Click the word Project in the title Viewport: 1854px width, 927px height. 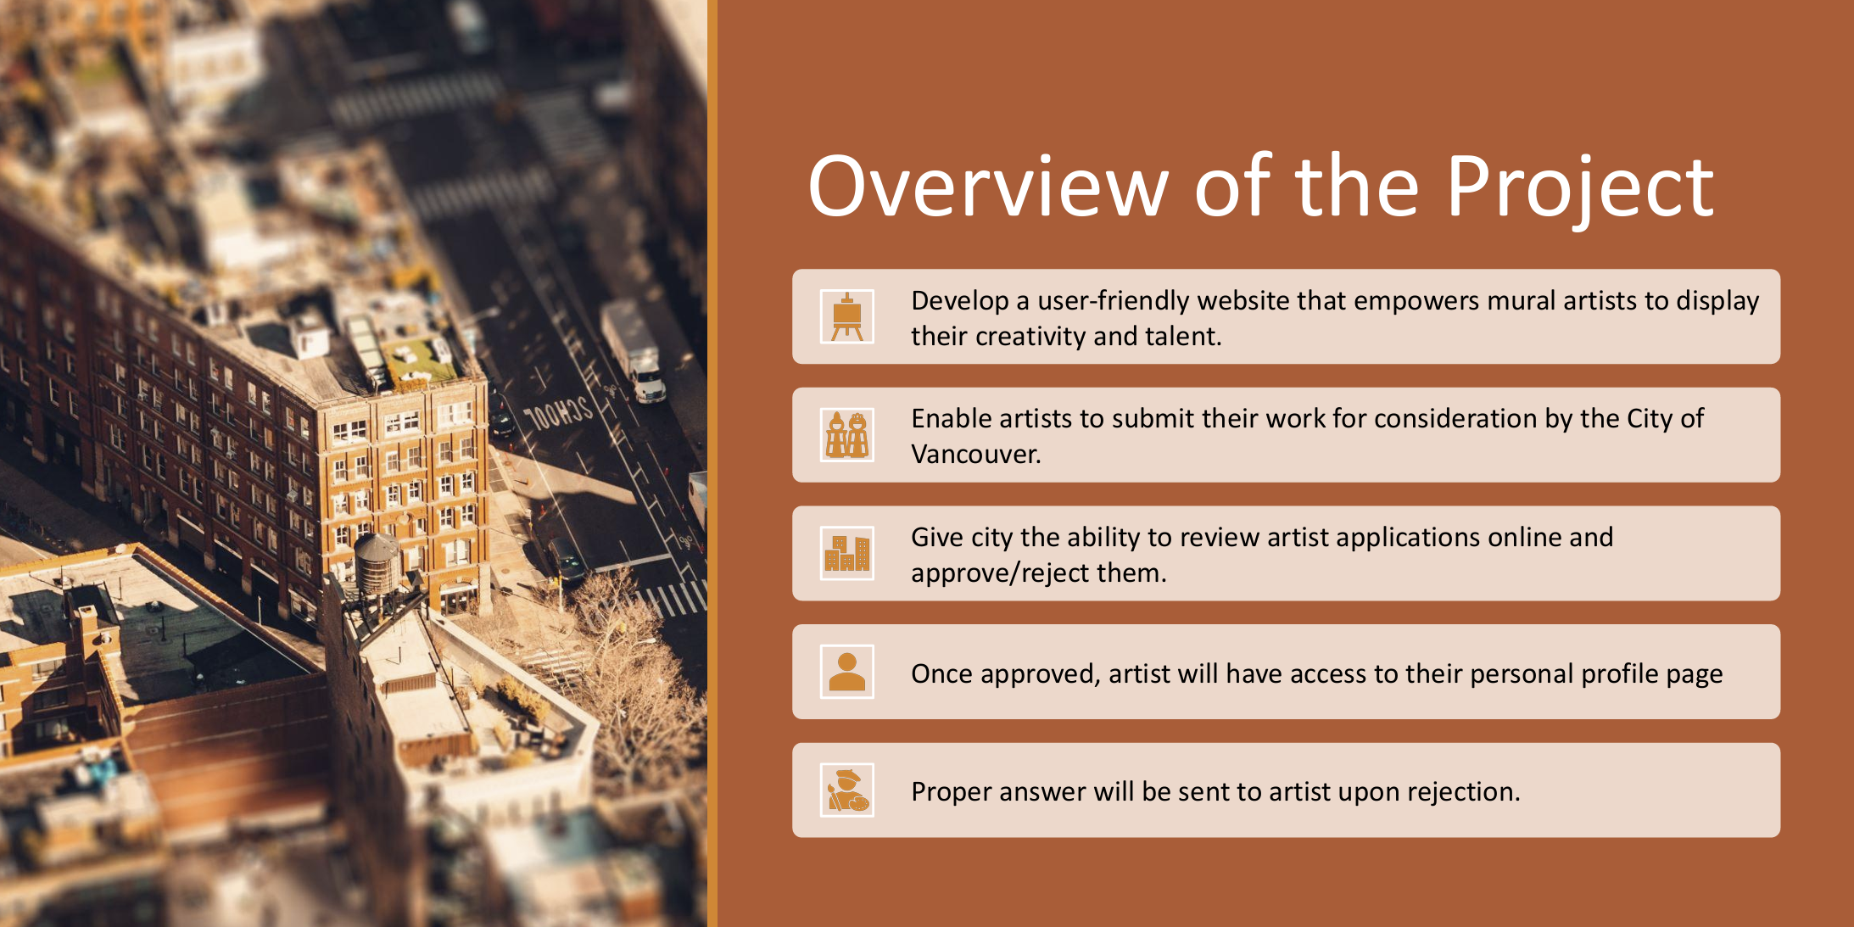tap(1580, 187)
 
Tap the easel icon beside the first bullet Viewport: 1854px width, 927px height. tap(846, 316)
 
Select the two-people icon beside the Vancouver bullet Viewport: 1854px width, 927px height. tap(846, 435)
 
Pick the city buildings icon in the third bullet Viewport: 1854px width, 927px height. tap(846, 554)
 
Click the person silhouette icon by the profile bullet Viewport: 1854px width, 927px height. tap(846, 672)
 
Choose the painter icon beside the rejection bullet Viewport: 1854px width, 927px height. tap(846, 790)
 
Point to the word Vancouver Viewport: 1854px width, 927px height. tap(975, 455)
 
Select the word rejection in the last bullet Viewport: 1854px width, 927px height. tap(1464, 792)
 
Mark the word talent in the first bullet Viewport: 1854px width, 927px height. tap(1183, 337)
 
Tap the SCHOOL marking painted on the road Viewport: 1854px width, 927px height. tap(558, 414)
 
